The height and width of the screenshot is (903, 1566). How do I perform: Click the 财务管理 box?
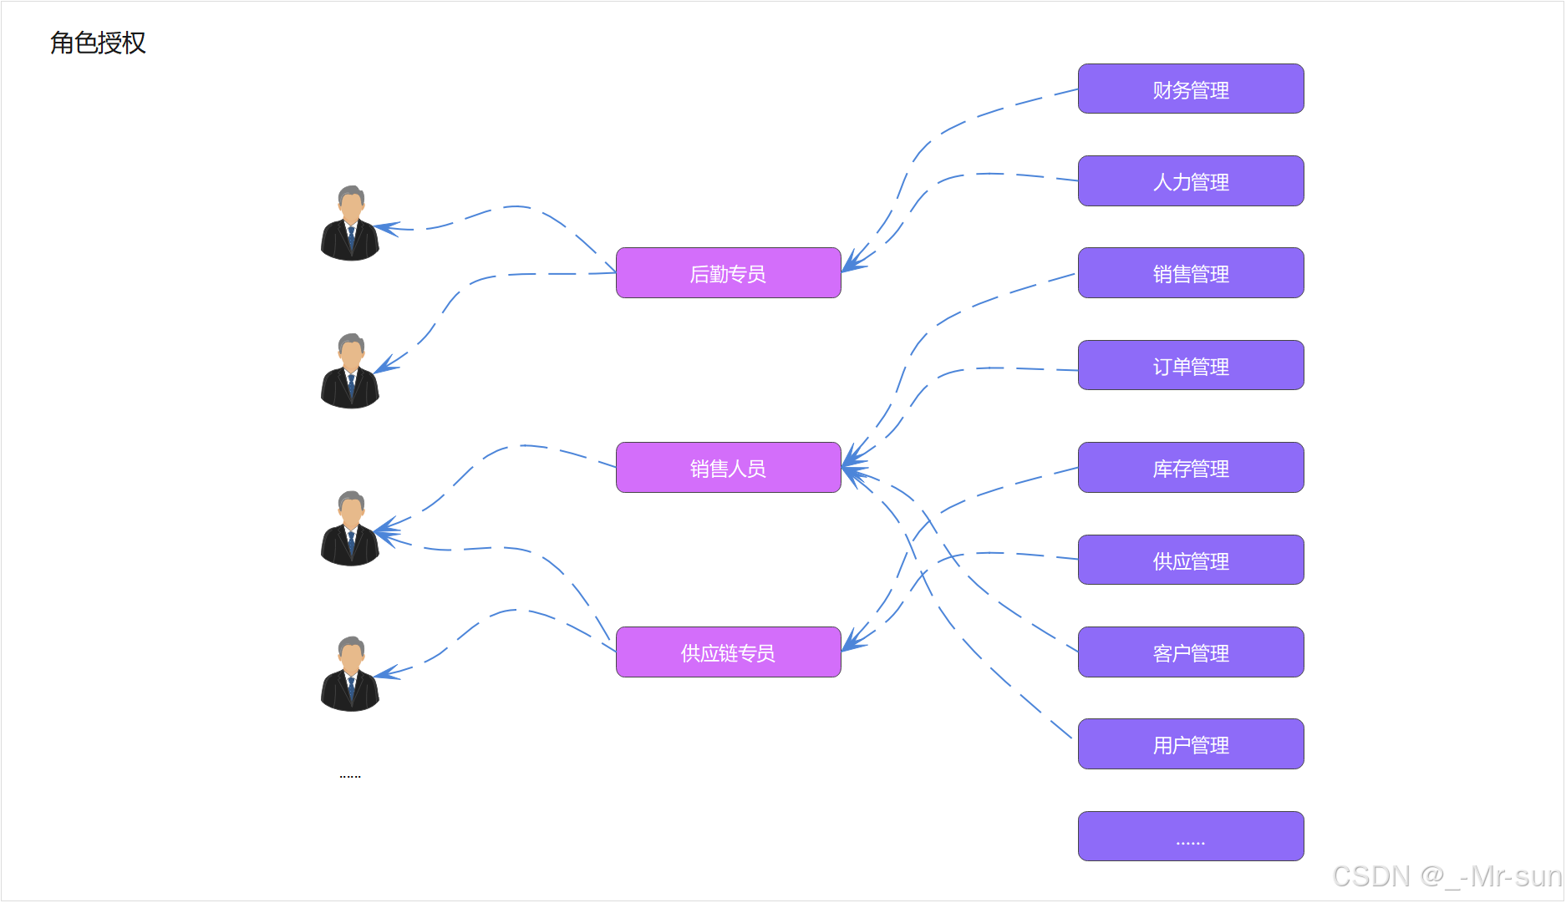click(x=1190, y=89)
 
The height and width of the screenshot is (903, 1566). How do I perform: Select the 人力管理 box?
click(x=1190, y=181)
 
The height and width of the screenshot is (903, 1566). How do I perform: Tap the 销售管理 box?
click(x=1190, y=273)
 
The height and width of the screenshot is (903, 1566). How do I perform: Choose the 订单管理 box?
click(x=1190, y=366)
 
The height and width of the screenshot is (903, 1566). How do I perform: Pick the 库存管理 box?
click(x=1190, y=468)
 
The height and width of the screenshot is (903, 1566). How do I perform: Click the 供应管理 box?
click(x=1190, y=561)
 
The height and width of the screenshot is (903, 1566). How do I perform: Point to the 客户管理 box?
click(x=1190, y=652)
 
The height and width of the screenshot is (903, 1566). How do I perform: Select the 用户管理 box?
click(x=1190, y=744)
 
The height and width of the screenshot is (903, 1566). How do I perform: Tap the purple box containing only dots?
click(x=1190, y=836)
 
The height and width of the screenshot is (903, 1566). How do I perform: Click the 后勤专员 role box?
click(x=728, y=273)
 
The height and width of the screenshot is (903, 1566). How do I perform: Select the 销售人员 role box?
click(x=728, y=468)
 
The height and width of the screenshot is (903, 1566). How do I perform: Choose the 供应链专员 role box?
click(x=728, y=652)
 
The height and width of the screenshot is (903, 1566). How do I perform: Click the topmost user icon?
click(x=350, y=223)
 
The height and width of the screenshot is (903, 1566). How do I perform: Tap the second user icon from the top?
click(x=350, y=371)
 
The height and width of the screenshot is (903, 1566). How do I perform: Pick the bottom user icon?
click(x=350, y=674)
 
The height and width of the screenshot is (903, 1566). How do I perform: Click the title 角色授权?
click(x=98, y=43)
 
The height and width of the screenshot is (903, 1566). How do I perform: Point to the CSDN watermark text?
click(x=1446, y=876)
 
